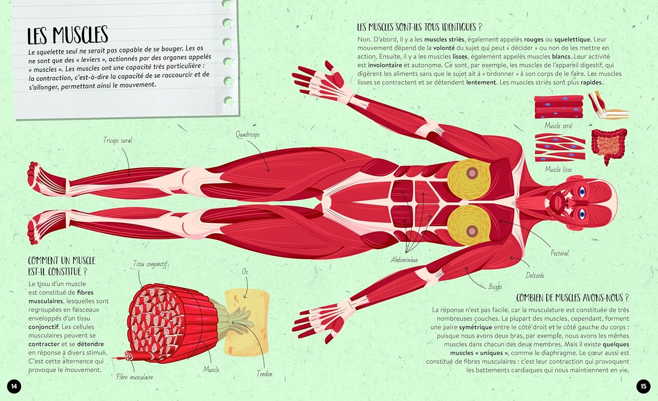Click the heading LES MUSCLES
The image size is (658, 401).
coord(68,35)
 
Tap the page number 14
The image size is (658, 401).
coord(14,386)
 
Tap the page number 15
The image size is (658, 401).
coord(644,386)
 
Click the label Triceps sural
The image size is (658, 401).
coord(118,141)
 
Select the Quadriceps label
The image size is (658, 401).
coord(248,134)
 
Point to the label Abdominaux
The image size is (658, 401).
coord(404,260)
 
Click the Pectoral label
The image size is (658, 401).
coord(560,253)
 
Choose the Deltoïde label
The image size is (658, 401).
coord(535,275)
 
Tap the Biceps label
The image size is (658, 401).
coord(495,286)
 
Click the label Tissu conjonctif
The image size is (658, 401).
coord(150,264)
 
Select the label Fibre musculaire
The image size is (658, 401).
coord(135,377)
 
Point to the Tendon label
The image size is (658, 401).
coord(265,374)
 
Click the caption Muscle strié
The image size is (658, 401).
coord(558,126)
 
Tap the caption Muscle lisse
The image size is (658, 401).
coord(558,169)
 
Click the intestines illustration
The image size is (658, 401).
coord(609,146)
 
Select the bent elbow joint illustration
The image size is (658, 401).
coord(608,105)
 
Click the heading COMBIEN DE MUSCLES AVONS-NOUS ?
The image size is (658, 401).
coord(572,298)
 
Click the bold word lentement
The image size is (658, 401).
coord(481,83)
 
